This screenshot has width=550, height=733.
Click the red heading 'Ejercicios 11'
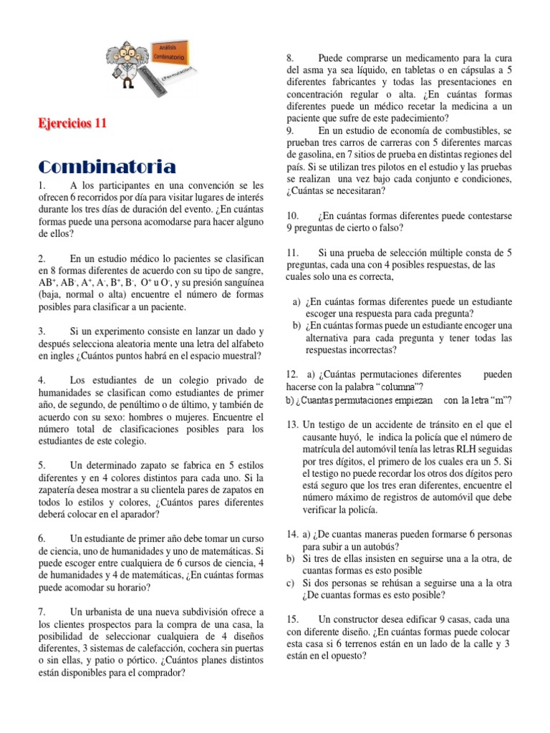72,123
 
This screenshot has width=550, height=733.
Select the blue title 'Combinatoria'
107,168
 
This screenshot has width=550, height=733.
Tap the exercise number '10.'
292,215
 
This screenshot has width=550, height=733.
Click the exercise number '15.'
292,619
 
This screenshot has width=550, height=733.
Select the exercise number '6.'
43,538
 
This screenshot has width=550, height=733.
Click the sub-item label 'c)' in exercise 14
291,583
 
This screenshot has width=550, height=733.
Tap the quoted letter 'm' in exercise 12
499,399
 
